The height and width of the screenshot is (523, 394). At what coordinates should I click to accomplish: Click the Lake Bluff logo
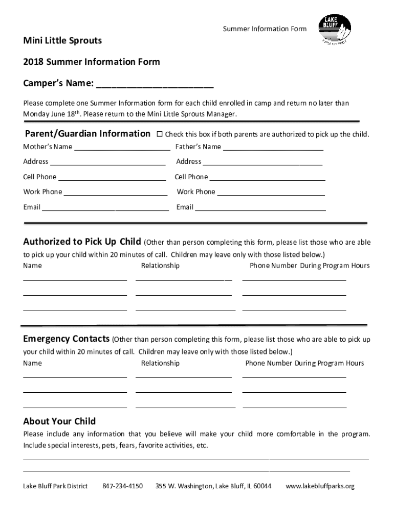pos(335,30)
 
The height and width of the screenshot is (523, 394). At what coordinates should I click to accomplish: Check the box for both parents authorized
pos(159,134)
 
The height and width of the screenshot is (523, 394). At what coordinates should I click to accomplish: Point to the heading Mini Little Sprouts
pos(62,40)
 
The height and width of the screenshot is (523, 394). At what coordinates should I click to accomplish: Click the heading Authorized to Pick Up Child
pos(82,242)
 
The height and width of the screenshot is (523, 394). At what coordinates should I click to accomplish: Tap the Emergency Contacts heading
pos(66,339)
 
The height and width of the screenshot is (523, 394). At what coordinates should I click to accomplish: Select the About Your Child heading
pos(59,421)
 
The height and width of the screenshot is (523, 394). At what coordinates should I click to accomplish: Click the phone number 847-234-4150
pos(122,486)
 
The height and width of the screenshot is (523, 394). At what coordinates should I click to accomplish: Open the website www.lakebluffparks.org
pos(320,486)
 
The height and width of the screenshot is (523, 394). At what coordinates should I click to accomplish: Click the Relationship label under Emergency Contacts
pos(160,363)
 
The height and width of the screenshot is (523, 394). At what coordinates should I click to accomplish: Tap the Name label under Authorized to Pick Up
pos(33,266)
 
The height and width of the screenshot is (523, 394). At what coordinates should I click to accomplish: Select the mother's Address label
pos(36,161)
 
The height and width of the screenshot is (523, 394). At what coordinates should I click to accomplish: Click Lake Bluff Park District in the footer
pos(55,486)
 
